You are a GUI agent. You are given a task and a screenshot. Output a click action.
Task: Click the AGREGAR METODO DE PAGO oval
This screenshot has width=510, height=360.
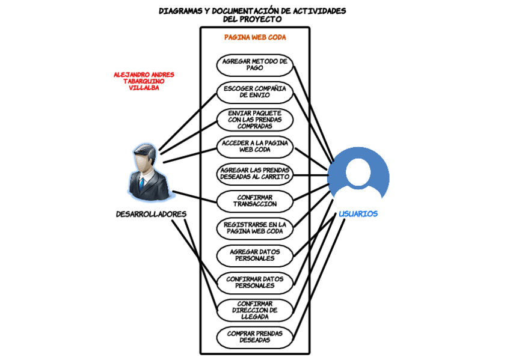pos(254,64)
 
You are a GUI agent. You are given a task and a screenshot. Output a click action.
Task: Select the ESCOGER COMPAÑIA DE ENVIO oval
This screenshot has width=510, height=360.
pos(254,91)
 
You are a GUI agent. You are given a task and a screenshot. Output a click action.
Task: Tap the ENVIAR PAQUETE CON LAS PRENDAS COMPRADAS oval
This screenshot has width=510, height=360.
pos(254,119)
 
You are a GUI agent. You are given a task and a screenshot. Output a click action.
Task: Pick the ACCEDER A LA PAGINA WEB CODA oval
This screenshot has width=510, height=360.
pos(254,146)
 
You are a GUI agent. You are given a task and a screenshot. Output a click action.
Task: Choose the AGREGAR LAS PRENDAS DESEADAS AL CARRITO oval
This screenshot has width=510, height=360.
pos(254,173)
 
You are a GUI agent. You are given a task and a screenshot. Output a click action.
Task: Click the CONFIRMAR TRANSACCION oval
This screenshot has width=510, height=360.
pos(254,201)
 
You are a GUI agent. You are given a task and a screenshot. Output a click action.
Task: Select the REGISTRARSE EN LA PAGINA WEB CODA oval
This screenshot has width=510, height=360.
pos(254,228)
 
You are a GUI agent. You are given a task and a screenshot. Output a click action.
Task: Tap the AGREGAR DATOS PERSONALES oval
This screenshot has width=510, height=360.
pos(254,255)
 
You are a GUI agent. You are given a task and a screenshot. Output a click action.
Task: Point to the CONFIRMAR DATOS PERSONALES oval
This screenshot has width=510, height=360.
pos(254,282)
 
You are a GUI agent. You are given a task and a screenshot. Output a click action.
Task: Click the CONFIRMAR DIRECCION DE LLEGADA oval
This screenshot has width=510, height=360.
pos(254,310)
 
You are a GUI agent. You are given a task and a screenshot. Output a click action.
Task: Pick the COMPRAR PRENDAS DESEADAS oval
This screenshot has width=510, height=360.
pos(254,337)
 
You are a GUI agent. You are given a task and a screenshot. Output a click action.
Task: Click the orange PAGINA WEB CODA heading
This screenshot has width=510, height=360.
pos(255,37)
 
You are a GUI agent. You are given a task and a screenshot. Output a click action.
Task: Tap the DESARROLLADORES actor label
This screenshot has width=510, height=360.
pos(151,214)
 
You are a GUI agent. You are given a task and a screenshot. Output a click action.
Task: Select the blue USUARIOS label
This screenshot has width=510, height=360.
pos(358,214)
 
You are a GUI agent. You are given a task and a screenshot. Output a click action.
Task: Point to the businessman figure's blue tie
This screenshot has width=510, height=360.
pos(142,183)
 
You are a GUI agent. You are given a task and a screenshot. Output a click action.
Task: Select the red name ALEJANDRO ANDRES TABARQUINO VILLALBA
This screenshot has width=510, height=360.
pos(144,81)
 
